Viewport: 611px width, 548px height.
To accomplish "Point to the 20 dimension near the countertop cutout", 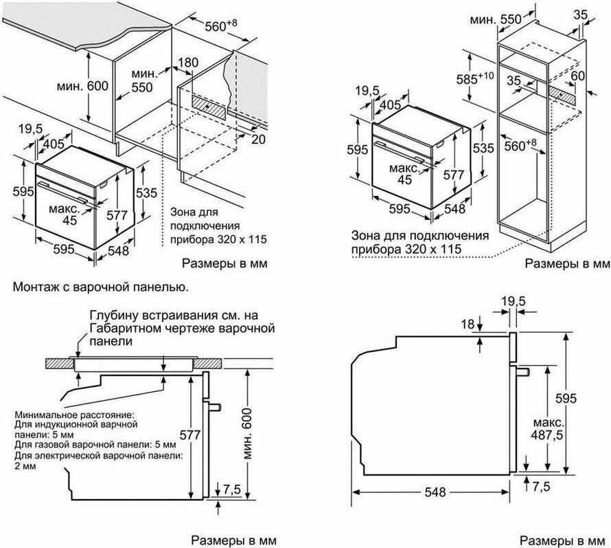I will click(x=258, y=140).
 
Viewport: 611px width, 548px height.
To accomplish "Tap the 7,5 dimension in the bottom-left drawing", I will click(x=231, y=489).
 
